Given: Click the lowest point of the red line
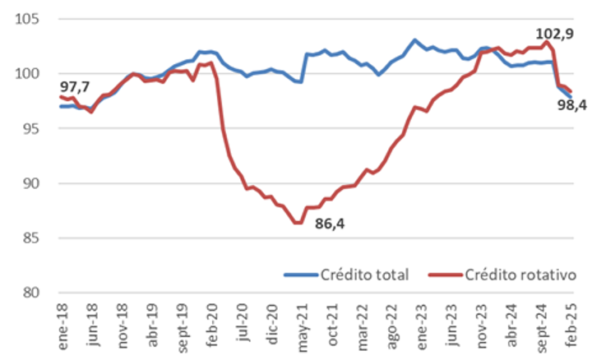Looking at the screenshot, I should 297,222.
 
